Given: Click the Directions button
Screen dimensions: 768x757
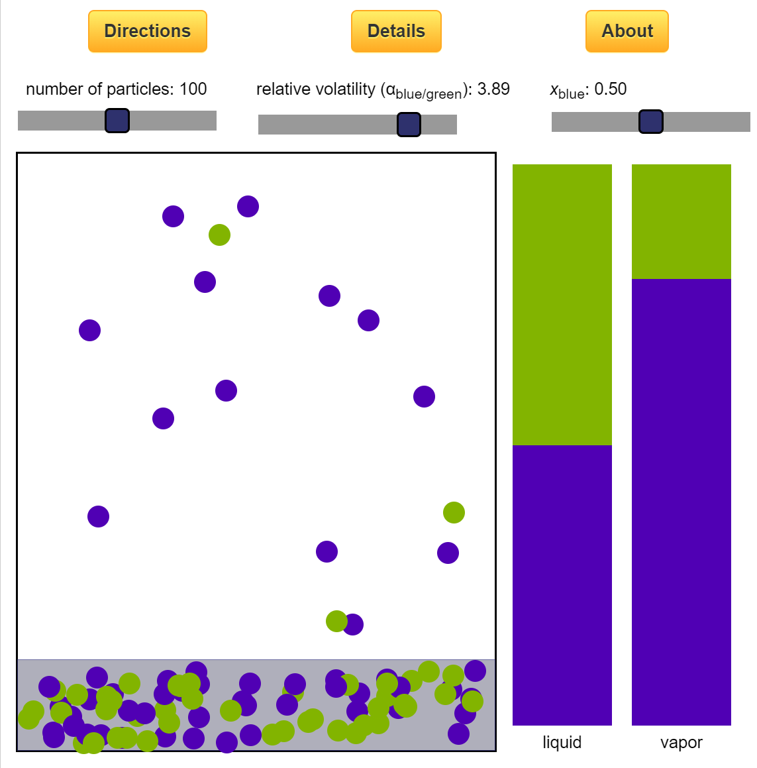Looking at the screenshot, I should click(x=147, y=31).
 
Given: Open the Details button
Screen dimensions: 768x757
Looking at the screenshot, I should click(x=396, y=31).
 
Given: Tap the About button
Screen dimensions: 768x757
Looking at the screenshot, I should click(x=627, y=31).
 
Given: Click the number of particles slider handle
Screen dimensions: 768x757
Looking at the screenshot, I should click(x=117, y=121).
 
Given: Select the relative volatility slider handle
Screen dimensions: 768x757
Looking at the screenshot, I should click(x=409, y=125).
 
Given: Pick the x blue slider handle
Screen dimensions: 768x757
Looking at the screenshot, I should click(x=650, y=122).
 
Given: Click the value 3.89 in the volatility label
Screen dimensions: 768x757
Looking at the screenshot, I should click(x=493, y=89).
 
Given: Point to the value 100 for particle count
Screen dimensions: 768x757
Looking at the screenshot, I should click(x=193, y=89).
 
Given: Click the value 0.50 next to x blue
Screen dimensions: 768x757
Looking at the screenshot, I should click(x=610, y=89).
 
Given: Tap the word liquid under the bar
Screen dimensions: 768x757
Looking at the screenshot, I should click(x=562, y=742).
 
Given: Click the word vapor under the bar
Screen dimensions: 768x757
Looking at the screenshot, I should click(x=681, y=742).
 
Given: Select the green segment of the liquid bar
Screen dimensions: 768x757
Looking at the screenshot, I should click(x=562, y=305).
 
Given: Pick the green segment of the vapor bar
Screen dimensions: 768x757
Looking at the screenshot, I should click(x=681, y=221).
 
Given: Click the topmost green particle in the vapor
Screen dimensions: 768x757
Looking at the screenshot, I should click(x=219, y=235).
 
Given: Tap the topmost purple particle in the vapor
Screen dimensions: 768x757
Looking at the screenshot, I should click(x=248, y=206).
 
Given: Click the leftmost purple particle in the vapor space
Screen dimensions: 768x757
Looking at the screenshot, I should click(x=89, y=330).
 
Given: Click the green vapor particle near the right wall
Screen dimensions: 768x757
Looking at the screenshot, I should click(x=454, y=512).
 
